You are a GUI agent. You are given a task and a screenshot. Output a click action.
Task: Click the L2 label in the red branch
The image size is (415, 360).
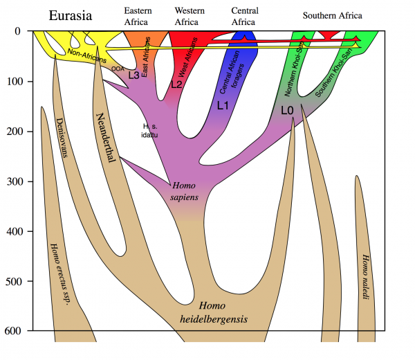click(x=176, y=84)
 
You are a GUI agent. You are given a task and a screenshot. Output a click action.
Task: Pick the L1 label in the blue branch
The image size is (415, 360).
click(x=222, y=106)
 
